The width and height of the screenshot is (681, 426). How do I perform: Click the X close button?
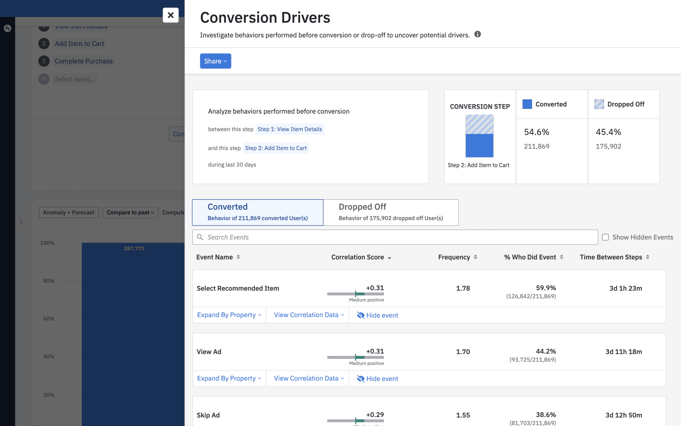pyautogui.click(x=171, y=15)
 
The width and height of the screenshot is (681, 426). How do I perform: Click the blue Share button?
pyautogui.click(x=215, y=61)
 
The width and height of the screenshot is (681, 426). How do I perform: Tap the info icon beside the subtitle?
pyautogui.click(x=477, y=34)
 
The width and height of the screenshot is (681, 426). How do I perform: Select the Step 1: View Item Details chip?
pyautogui.click(x=290, y=129)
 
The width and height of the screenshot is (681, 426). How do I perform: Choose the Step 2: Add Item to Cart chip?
pyautogui.click(x=276, y=148)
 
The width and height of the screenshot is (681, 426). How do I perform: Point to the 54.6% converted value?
pyautogui.click(x=536, y=132)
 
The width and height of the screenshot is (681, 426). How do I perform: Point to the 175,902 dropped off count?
pyautogui.click(x=608, y=146)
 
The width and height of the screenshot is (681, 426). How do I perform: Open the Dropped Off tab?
pyautogui.click(x=390, y=212)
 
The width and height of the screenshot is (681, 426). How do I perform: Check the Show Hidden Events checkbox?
pyautogui.click(x=605, y=237)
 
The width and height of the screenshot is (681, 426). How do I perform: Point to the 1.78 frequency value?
pyautogui.click(x=463, y=288)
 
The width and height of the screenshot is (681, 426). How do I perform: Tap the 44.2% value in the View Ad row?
pyautogui.click(x=546, y=351)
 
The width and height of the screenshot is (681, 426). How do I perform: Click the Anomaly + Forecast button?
pyautogui.click(x=68, y=212)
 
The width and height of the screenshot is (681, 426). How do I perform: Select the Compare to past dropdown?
pyautogui.click(x=130, y=212)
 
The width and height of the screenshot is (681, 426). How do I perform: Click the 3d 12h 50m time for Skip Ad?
pyautogui.click(x=623, y=415)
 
